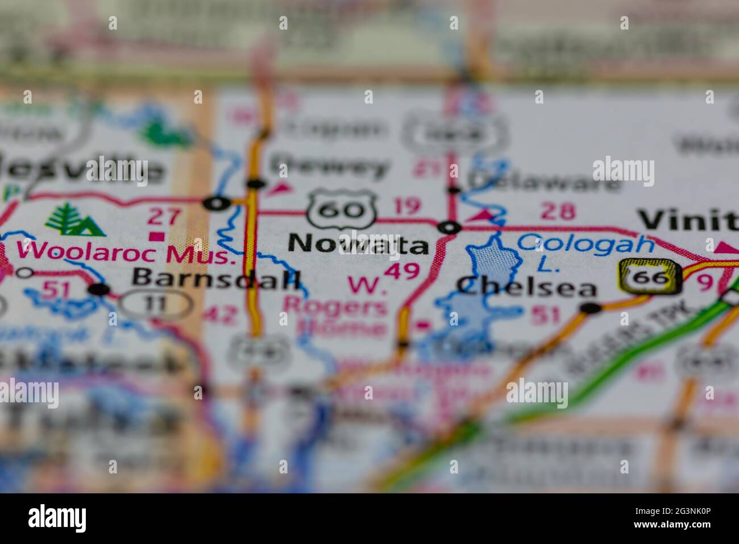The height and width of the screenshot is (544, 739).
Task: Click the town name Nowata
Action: (358, 244)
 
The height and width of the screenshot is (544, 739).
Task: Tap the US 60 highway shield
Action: (341, 209)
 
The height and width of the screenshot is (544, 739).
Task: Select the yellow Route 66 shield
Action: (649, 277)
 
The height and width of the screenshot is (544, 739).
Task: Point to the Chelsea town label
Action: (526, 286)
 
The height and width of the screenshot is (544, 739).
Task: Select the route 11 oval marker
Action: (156, 304)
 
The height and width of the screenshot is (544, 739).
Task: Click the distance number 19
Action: (407, 206)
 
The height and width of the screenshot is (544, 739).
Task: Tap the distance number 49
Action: (401, 271)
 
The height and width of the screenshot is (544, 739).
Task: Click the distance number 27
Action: (164, 216)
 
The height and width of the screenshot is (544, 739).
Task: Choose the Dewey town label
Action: (330, 167)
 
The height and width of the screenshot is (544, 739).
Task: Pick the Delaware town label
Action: (544, 181)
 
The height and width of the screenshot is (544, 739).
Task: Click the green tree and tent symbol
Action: (75, 220)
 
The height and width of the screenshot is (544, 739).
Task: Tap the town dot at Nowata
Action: (449, 228)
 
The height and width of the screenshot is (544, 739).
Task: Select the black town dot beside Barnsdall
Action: (99, 290)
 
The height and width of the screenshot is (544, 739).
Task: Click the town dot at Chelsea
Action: (591, 308)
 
